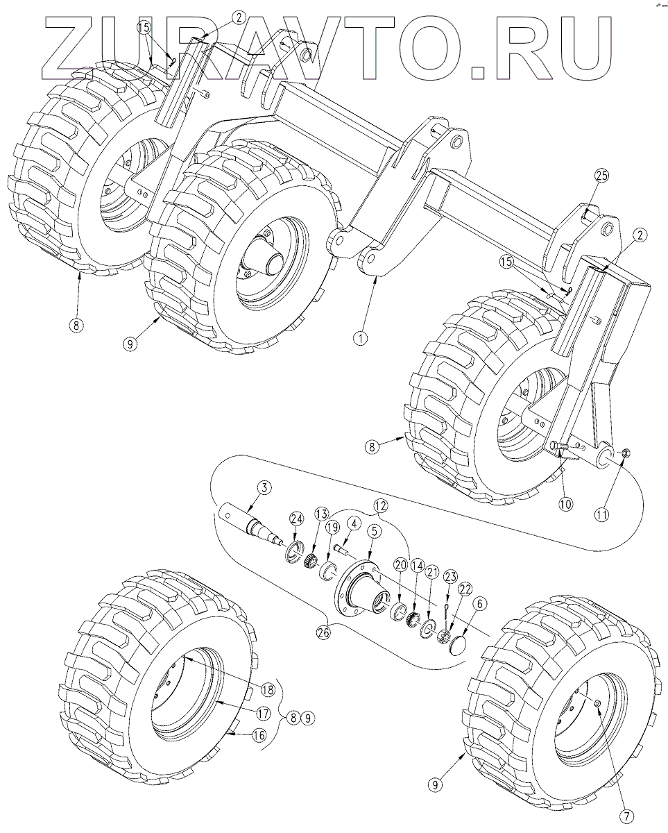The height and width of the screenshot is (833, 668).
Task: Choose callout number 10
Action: (565, 504)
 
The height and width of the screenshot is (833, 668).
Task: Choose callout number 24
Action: (296, 519)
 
